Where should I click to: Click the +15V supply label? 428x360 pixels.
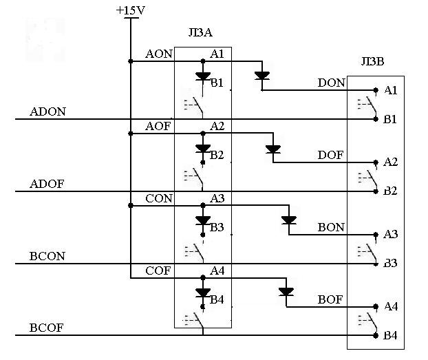pos(131,10)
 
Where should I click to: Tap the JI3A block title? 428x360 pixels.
pos(200,32)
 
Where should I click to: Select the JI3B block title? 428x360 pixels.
pos(372,61)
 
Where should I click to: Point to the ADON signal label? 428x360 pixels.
pos(47,112)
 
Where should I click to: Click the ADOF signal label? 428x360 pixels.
pos(47,184)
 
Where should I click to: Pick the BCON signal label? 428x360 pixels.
pos(47,256)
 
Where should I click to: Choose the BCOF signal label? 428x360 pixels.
pos(46,328)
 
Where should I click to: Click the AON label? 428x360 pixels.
pos(159,54)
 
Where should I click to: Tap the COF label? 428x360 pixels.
pos(158,271)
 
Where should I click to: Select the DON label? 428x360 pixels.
pos(332,83)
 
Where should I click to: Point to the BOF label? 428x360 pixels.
pos(330,299)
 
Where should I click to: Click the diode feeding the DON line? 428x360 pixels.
pos(262,76)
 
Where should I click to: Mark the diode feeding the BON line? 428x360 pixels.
pos(289,220)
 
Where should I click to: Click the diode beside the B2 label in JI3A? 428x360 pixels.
pos(203,149)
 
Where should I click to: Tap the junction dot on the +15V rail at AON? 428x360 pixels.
pos(131,61)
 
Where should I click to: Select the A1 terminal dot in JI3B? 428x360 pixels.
pos(376,90)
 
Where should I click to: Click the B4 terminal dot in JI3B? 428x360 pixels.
pos(376,335)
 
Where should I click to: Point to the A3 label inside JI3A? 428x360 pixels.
pos(217,198)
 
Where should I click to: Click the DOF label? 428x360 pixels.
pos(330,155)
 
